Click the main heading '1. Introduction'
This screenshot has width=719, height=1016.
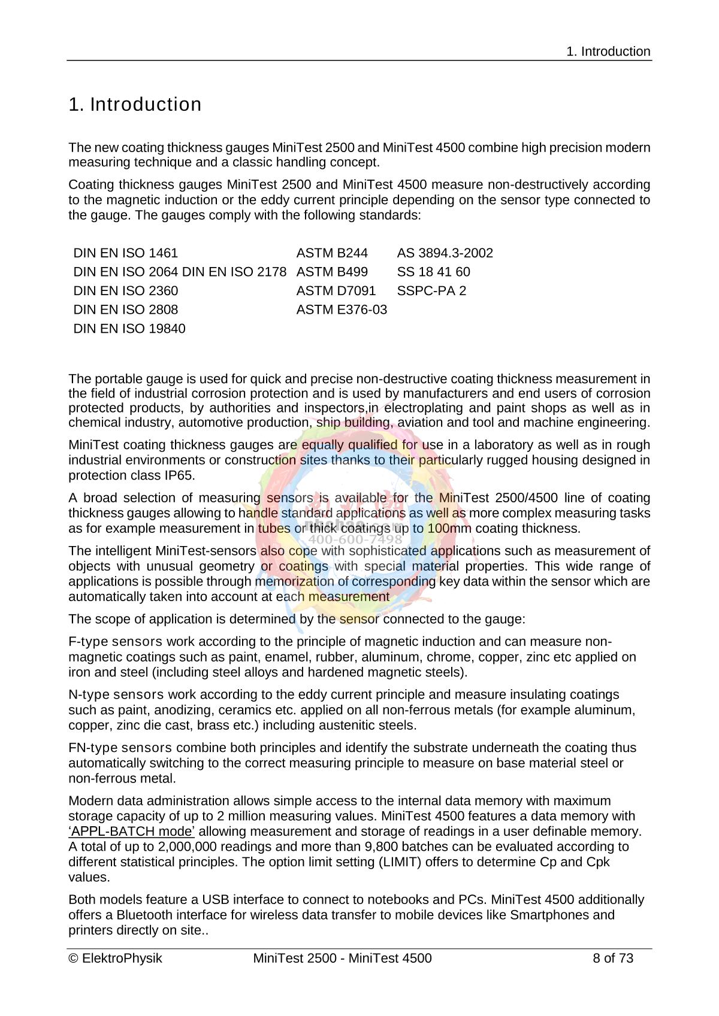135,105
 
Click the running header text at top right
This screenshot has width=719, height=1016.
608,51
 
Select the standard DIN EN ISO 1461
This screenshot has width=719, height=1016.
125,253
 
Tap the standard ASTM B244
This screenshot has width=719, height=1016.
332,253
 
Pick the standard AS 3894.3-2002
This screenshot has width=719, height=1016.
445,253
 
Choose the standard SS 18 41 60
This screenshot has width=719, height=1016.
433,272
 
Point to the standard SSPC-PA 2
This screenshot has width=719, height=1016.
431,291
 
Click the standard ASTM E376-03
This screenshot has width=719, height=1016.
342,310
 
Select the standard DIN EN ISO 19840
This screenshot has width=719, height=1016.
129,329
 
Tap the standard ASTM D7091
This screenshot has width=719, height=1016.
336,291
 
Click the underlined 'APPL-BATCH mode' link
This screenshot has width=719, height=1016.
132,832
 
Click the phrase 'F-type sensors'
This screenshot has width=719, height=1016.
116,642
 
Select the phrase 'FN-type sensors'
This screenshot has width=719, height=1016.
120,748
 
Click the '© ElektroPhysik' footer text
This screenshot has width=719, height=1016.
116,959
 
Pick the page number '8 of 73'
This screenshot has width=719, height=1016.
612,959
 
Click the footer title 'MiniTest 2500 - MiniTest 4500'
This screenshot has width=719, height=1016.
342,959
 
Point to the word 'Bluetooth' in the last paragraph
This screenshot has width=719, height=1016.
145,915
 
